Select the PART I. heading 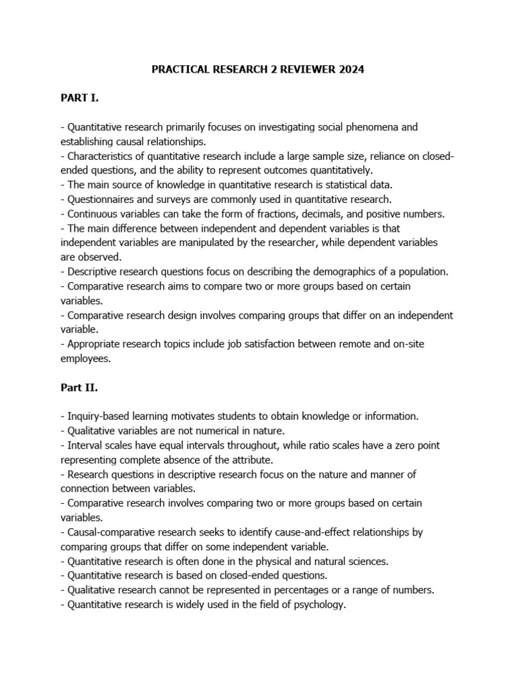point(79,97)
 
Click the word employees point(86,359)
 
